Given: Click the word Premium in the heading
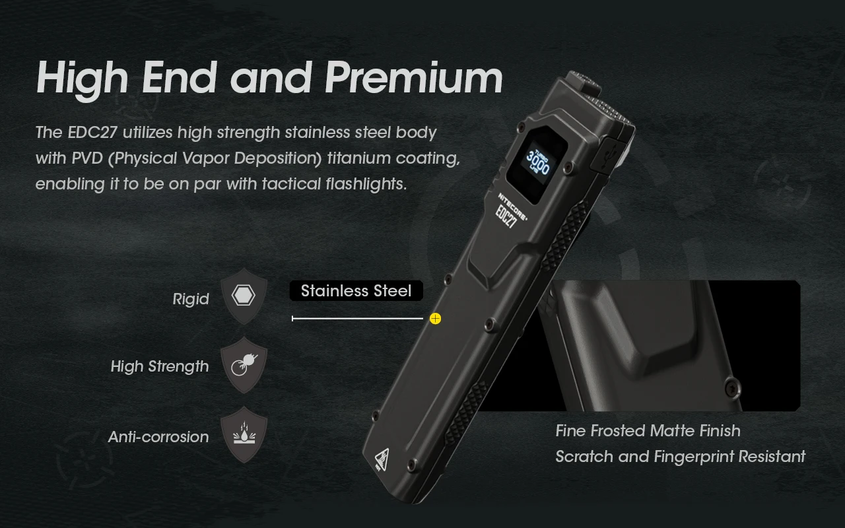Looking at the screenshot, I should coord(414,79).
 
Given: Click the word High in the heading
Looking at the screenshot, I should coord(82,79).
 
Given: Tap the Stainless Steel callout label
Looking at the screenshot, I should coord(356,291).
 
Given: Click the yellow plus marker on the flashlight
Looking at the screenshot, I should coord(435,319).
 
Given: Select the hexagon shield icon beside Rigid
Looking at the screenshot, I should coord(244,296).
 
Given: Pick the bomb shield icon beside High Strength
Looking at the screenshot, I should coord(244,365).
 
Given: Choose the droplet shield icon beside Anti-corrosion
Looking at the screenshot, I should coord(244,435).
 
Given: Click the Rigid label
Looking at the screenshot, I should coord(191,299).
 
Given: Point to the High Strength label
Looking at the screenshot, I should coord(160,367).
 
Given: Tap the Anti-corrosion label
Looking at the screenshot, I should coord(158,437).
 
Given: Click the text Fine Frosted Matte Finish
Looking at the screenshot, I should coord(648,431).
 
